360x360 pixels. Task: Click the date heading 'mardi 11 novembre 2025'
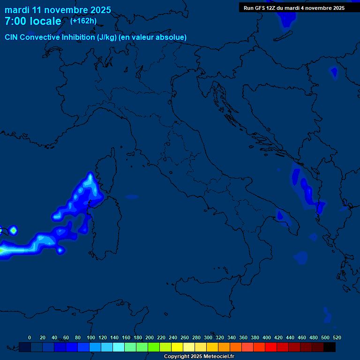pyautogui.click(x=58, y=10)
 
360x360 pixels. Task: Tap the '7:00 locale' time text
pyautogui.click(x=33, y=21)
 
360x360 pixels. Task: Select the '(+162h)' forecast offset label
pyautogui.click(x=84, y=21)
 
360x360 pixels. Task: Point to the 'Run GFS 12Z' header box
pyautogui.click(x=294, y=8)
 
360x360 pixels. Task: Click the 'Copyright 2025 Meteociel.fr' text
pyautogui.click(x=199, y=357)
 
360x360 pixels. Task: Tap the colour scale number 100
pyautogui.click(x=91, y=337)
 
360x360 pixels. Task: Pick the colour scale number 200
pyautogui.click(x=150, y=337)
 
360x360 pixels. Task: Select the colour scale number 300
pyautogui.click(x=208, y=337)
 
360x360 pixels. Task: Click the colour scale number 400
pyautogui.click(x=267, y=337)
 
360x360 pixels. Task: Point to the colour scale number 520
pyautogui.click(x=337, y=337)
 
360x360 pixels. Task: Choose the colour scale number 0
pyautogui.click(x=30, y=337)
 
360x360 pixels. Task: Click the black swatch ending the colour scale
pyautogui.click(x=330, y=347)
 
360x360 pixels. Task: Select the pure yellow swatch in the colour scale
pyautogui.click(x=177, y=347)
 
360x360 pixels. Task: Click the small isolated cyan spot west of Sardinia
pyautogui.click(x=14, y=230)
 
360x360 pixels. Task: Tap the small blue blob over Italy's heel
pyautogui.click(x=280, y=216)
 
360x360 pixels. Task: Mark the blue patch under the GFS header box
pyautogui.click(x=286, y=19)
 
